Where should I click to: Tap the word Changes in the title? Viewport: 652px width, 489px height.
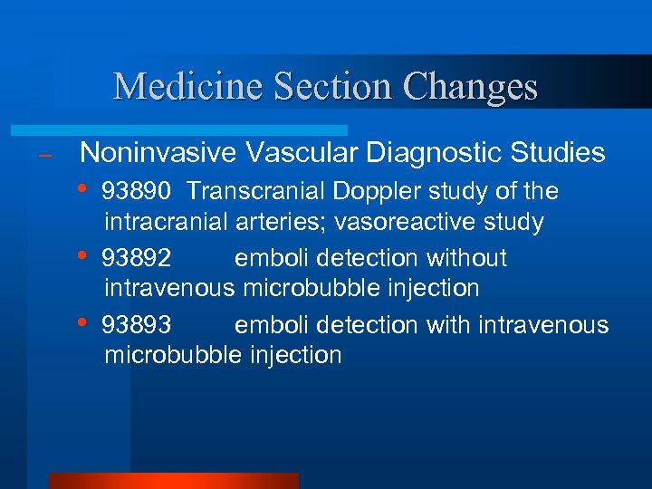tap(470, 87)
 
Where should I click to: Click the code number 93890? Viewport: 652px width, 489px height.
tap(137, 192)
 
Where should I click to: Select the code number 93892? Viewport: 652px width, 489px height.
tap(137, 259)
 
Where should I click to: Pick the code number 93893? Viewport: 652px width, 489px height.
tap(137, 325)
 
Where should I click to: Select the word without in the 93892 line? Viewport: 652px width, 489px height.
tap(467, 259)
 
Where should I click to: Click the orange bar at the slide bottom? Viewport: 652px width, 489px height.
tap(173, 481)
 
